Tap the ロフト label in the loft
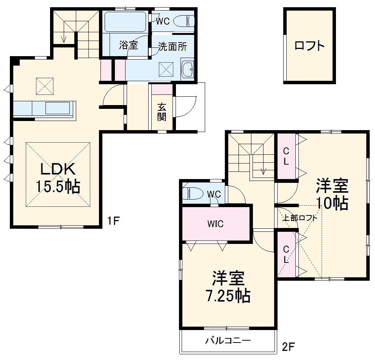310,46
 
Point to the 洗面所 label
172,46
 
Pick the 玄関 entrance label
162,112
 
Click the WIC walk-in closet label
215,224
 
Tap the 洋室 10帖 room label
333,194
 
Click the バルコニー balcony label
228,340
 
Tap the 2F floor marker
288,346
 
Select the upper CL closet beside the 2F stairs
286,156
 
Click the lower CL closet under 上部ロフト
286,255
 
